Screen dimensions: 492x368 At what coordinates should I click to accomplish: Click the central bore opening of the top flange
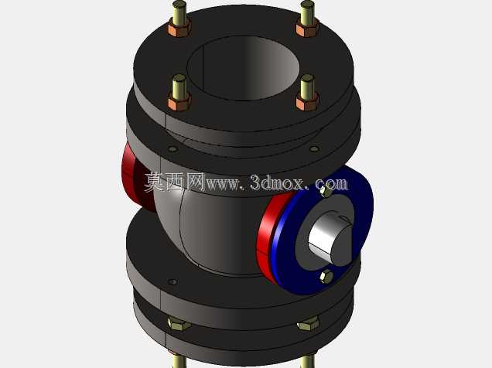pos(243,67)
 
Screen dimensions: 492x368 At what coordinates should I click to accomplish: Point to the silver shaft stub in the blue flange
pos(330,235)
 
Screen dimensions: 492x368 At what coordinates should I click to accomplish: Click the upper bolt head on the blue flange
pos(326,192)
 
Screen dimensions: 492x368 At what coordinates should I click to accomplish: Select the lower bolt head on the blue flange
pos(326,277)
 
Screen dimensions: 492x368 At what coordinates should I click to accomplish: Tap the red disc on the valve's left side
pos(135,178)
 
